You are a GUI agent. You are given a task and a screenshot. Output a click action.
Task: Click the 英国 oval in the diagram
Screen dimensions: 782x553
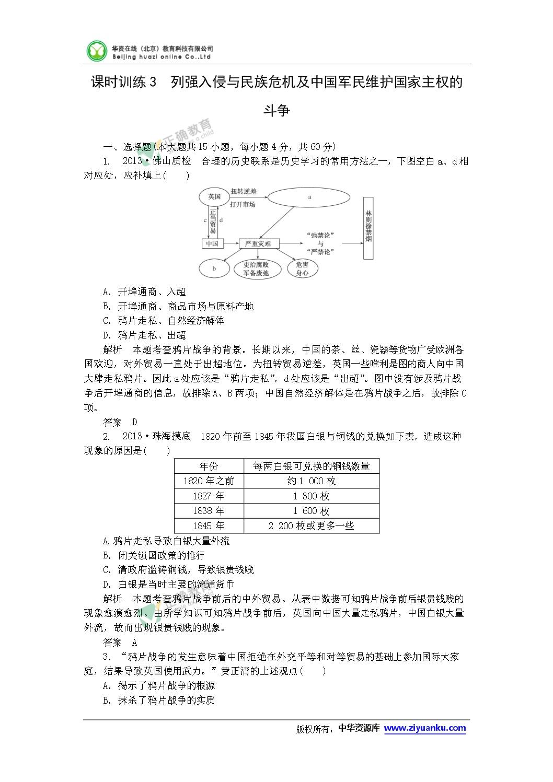tap(214, 196)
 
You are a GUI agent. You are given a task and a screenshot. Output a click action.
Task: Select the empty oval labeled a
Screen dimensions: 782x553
tap(309, 197)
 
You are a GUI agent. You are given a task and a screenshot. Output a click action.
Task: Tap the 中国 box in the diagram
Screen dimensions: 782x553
tap(212, 243)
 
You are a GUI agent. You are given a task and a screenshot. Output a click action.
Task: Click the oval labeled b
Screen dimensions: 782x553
tap(214, 269)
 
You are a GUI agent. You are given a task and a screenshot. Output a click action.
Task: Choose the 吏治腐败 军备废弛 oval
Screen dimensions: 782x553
tap(256, 269)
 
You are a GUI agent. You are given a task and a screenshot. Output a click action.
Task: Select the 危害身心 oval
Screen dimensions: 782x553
tap(302, 269)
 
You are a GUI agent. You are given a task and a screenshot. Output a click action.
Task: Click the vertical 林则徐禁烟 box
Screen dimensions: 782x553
tap(368, 228)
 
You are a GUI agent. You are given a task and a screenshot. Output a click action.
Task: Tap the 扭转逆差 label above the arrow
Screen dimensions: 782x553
tap(244, 191)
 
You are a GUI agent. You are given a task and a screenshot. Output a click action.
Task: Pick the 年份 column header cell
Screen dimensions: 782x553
tap(209, 466)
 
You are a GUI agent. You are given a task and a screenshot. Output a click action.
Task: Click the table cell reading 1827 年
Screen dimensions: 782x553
tap(209, 496)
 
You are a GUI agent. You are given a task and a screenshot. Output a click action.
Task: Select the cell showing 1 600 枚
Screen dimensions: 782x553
tap(311, 511)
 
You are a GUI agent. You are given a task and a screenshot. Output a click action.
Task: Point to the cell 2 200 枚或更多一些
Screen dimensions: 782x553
tap(311, 526)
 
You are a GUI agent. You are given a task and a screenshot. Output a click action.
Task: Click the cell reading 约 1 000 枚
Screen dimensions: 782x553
tap(311, 481)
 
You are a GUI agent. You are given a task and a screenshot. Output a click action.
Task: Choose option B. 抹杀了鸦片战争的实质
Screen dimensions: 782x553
tap(159, 701)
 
